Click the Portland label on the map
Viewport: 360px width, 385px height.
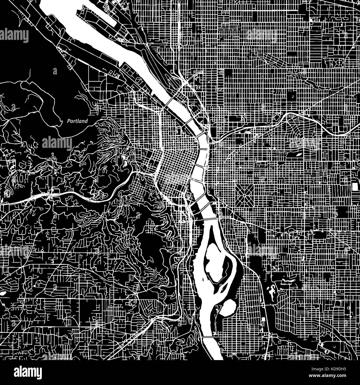(x=78, y=121)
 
